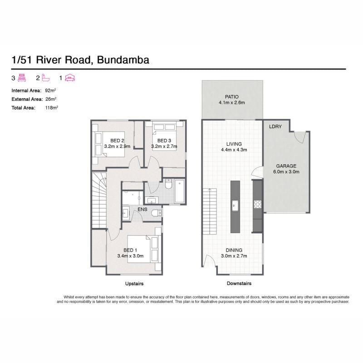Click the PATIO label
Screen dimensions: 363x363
point(231,97)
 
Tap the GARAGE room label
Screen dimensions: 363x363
point(286,166)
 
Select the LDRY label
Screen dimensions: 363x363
point(275,127)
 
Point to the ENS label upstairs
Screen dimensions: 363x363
point(142,209)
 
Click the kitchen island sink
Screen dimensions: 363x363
point(235,205)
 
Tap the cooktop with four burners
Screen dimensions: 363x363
point(257,205)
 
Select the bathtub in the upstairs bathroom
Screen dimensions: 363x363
point(179,191)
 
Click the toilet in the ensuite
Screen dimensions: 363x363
point(157,213)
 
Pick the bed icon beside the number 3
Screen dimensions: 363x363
point(22,78)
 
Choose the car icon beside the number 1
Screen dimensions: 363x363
point(70,78)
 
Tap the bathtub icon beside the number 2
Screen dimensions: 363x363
point(46,78)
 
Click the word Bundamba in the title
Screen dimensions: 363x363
point(123,60)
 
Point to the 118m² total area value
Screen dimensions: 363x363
point(51,108)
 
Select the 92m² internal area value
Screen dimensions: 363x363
point(50,90)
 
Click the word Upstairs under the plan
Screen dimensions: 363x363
point(134,284)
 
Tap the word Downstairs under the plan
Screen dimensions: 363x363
point(239,283)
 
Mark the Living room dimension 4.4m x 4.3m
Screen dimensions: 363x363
point(234,150)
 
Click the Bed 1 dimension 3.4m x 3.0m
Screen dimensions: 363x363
point(130,256)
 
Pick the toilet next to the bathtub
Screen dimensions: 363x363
point(168,184)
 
